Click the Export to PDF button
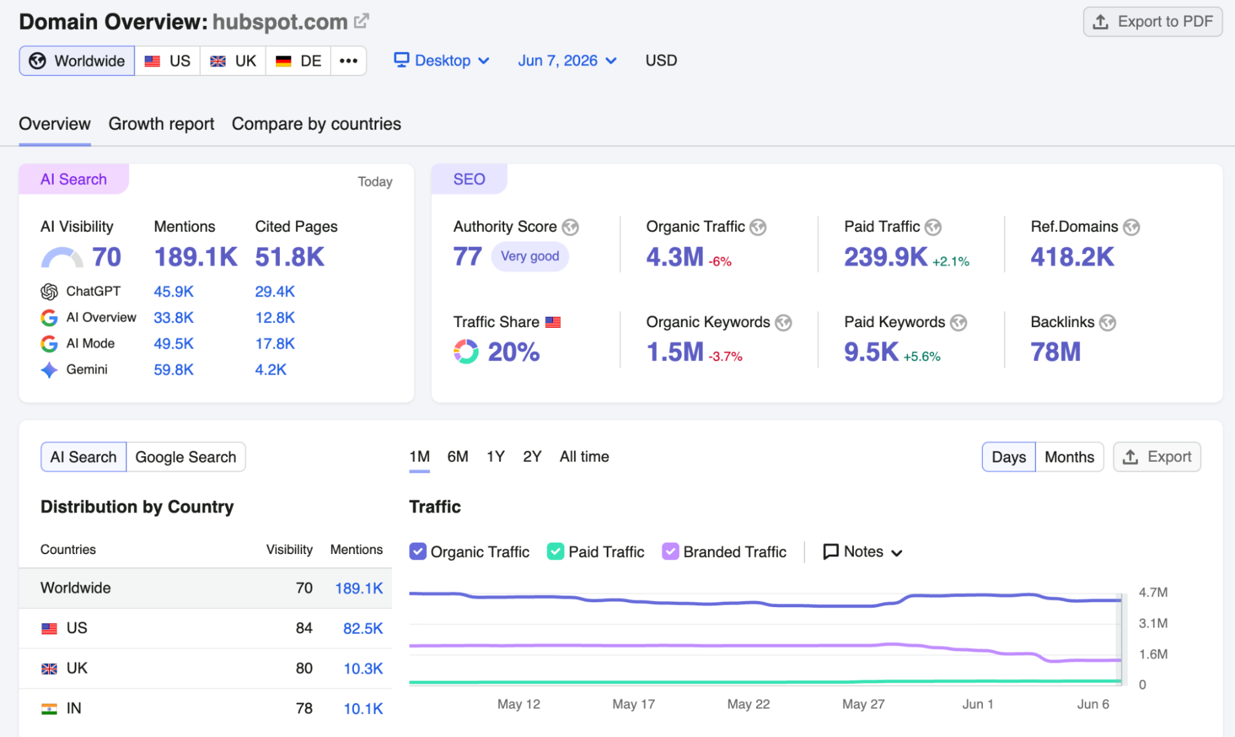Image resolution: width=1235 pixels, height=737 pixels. pyautogui.click(x=1153, y=22)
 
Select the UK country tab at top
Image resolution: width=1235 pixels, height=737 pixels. pyautogui.click(x=233, y=61)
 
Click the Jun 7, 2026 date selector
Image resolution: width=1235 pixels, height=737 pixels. pyautogui.click(x=567, y=61)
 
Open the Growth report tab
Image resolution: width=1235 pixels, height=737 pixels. pyautogui.click(x=161, y=124)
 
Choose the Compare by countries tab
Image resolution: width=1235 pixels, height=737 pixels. pyautogui.click(x=316, y=124)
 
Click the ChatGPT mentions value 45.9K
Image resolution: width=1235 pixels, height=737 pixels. pyautogui.click(x=174, y=291)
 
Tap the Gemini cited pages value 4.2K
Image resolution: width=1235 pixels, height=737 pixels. pyautogui.click(x=271, y=370)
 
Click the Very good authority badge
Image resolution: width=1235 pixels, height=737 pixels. pyautogui.click(x=530, y=256)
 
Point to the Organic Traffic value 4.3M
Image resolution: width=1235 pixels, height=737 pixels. pyautogui.click(x=675, y=257)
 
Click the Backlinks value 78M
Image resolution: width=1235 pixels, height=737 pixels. pyautogui.click(x=1055, y=352)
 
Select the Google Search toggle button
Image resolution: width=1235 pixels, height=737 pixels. pyautogui.click(x=185, y=457)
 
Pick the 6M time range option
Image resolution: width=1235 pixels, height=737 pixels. pyautogui.click(x=458, y=457)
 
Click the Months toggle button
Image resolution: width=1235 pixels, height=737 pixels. pyautogui.click(x=1069, y=457)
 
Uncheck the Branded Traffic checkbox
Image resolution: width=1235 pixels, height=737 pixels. pyautogui.click(x=670, y=552)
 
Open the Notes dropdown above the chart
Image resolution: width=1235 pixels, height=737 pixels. pyautogui.click(x=863, y=552)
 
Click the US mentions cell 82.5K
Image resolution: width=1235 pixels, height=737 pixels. pyautogui.click(x=363, y=628)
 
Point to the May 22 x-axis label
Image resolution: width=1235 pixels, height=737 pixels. pyautogui.click(x=748, y=704)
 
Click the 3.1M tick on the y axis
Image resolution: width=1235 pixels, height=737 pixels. pyautogui.click(x=1153, y=623)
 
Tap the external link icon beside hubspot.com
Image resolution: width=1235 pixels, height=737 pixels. pyautogui.click(x=361, y=21)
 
